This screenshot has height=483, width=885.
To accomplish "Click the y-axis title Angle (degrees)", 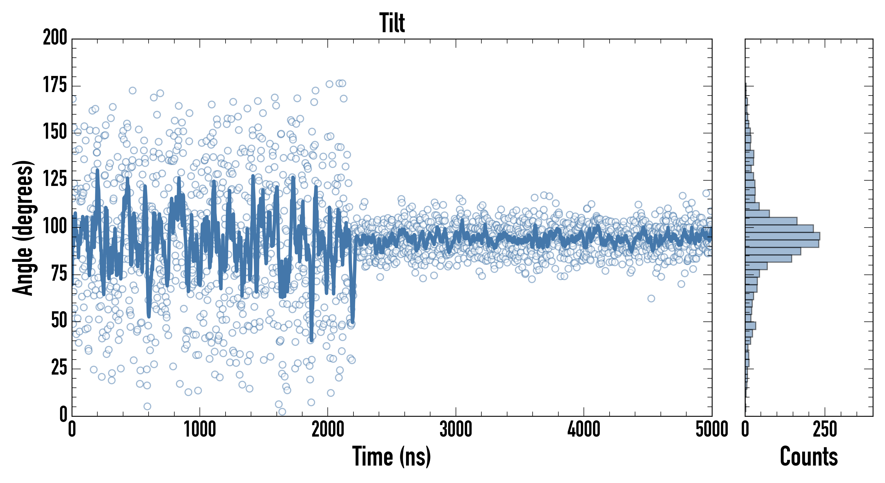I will pos(23,228).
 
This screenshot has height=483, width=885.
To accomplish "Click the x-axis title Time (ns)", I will pos(391,456).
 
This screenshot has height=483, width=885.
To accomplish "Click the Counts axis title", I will pos(809,456).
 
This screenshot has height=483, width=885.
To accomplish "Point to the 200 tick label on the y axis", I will pos(55,38).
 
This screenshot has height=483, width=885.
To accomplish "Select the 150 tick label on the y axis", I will pos(55,132).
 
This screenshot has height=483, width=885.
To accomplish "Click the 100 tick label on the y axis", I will pos(55,226).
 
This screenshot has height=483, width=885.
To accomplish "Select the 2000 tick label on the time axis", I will pos(328,430).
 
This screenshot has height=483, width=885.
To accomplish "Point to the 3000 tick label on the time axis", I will pos(456,430).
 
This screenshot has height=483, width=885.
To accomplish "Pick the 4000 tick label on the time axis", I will pos(584,430).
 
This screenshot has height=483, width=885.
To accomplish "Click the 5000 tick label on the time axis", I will pos(711,430).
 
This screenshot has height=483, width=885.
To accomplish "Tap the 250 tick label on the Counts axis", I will pos(825,430).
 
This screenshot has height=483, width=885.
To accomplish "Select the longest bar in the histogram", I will pos(782,236).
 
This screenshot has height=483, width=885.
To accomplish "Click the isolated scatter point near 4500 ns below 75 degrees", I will pos(651,298).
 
